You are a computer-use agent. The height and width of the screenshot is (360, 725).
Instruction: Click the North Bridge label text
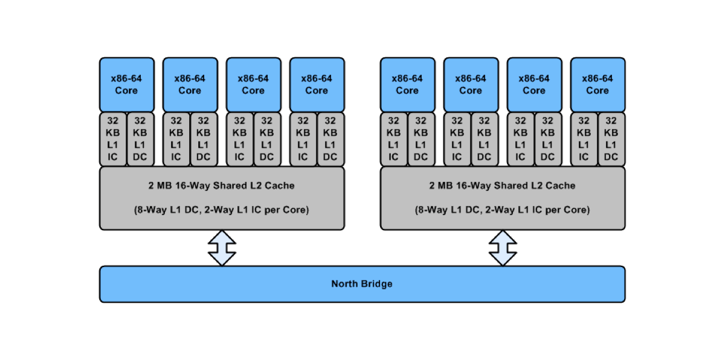tap(362, 284)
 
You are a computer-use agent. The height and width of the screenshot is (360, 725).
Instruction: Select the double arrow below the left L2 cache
tap(222, 248)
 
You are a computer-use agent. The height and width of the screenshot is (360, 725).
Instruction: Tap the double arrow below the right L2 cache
tap(503, 248)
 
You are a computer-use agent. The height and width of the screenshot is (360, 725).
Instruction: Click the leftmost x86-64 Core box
tap(127, 85)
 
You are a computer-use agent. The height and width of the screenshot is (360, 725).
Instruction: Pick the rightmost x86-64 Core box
tap(598, 85)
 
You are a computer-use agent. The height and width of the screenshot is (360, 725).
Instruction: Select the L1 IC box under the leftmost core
tap(113, 139)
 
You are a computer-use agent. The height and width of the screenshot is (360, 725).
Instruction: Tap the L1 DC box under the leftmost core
tap(140, 139)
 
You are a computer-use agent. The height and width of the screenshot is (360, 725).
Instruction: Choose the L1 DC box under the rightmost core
tap(611, 139)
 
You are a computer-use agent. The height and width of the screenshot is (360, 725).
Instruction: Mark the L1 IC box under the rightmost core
tap(584, 139)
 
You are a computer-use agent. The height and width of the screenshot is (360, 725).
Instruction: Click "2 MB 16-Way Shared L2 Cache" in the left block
tap(221, 185)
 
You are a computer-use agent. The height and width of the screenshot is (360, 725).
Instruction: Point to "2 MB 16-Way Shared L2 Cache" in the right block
tap(502, 185)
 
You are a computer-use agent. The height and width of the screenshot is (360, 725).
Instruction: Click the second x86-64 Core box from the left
tap(190, 85)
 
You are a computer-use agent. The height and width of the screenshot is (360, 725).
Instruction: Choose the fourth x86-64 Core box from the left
tap(317, 85)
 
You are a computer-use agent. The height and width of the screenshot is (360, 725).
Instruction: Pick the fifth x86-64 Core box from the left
tap(408, 85)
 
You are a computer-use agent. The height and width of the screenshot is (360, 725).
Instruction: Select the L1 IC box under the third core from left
tap(240, 139)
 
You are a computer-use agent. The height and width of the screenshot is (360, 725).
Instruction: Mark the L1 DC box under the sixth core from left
tap(485, 139)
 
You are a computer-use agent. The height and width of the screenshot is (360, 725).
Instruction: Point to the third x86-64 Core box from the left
tap(254, 85)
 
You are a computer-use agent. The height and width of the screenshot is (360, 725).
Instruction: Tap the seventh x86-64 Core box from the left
tap(535, 85)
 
